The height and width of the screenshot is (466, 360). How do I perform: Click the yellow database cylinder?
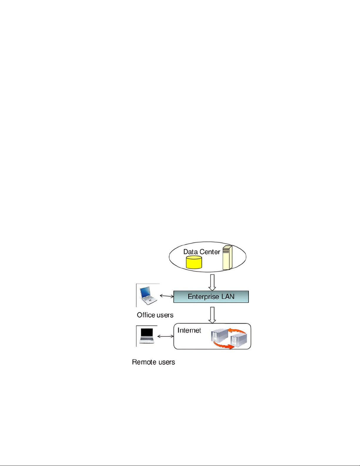coord(194,262)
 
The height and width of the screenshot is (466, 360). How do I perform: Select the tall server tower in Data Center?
coord(227,257)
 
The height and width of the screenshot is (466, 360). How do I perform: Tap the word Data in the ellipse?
coord(190,252)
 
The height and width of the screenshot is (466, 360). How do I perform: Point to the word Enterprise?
coord(203,297)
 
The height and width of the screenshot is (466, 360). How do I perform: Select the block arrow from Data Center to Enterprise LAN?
coord(212,283)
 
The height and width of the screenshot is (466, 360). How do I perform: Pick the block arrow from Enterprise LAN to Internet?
coord(212,315)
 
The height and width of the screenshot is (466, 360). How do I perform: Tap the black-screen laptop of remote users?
coord(147,336)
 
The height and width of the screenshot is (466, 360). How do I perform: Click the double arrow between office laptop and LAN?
coord(167,296)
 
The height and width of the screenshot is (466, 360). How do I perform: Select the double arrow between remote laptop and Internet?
coord(165,336)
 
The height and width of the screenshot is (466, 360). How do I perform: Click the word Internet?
coord(189,330)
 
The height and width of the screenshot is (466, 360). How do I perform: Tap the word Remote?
coord(142,362)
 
